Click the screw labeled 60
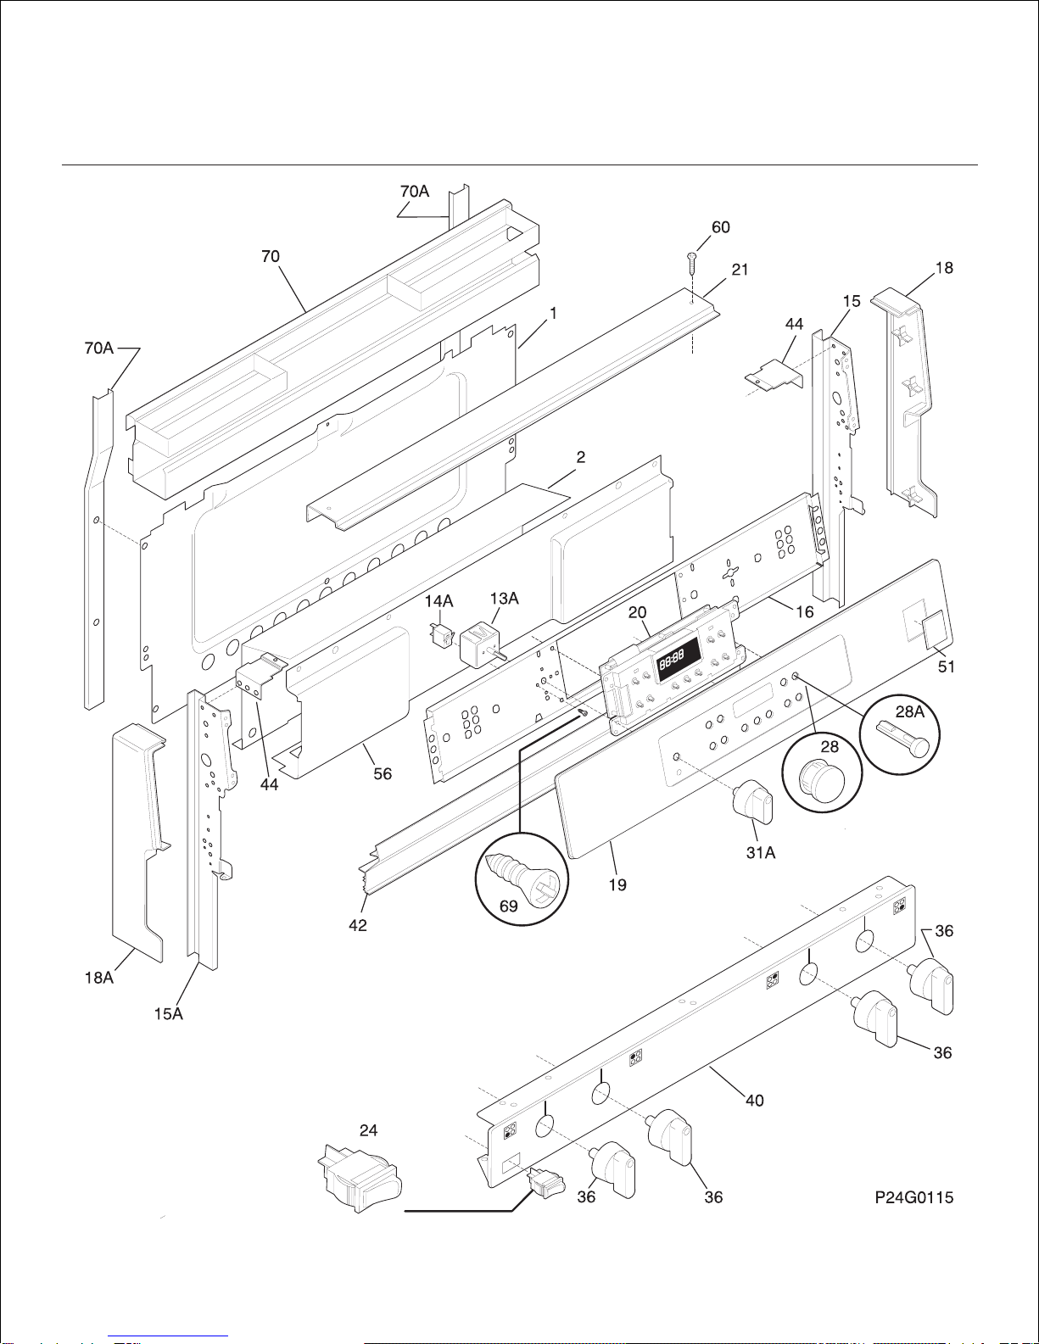click(x=692, y=264)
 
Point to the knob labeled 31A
click(x=752, y=802)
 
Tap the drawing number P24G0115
click(x=913, y=1197)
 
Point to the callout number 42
click(x=358, y=925)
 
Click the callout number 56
click(x=383, y=773)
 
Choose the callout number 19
click(x=617, y=884)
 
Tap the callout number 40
click(x=755, y=1101)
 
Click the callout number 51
click(x=947, y=666)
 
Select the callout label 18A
click(x=99, y=978)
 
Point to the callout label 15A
click(x=168, y=1013)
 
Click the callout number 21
click(x=740, y=270)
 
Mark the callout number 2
click(x=581, y=457)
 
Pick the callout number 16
click(x=804, y=611)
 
